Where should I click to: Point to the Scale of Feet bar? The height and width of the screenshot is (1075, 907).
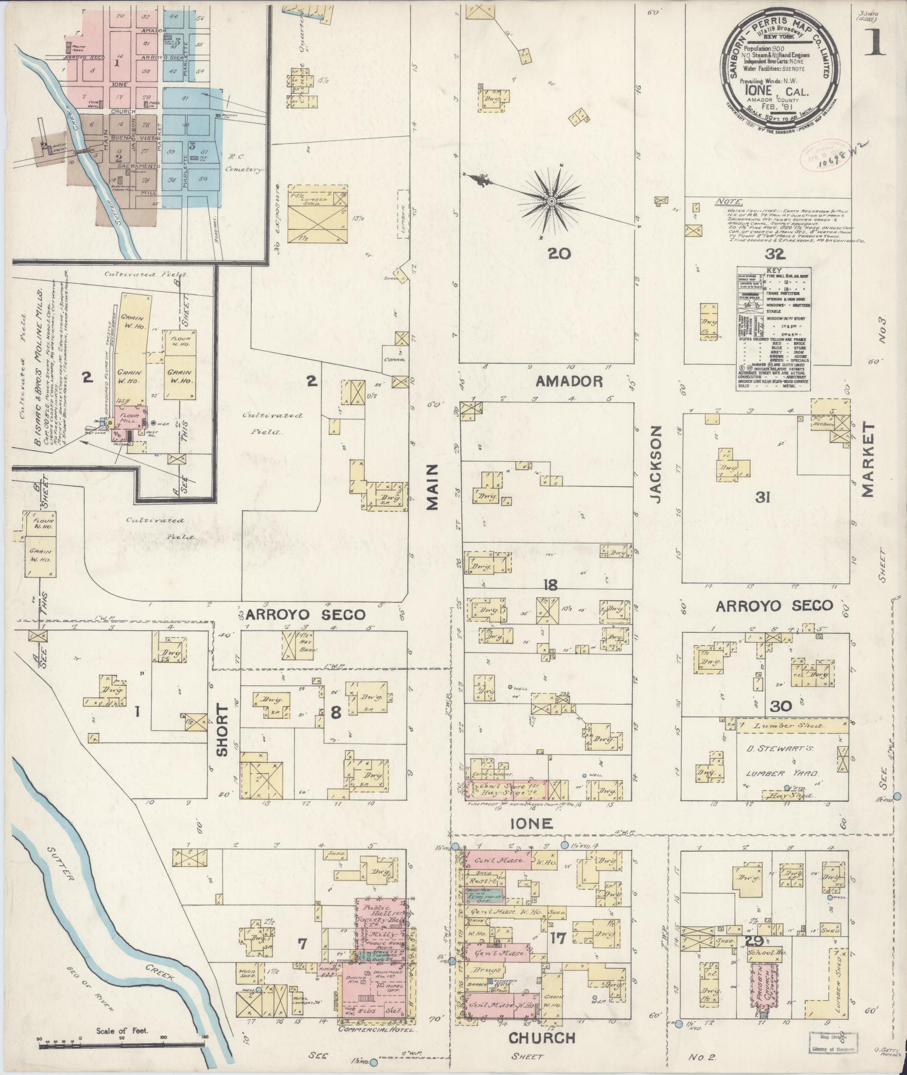click(121, 1044)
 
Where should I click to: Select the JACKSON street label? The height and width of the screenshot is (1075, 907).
click(656, 464)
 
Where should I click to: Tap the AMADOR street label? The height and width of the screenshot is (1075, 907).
click(569, 382)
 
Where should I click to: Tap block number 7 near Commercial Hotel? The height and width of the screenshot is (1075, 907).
click(303, 945)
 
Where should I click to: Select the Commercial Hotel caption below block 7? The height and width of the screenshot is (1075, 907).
click(376, 1030)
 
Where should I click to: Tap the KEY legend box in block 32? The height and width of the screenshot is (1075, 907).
click(773, 329)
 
